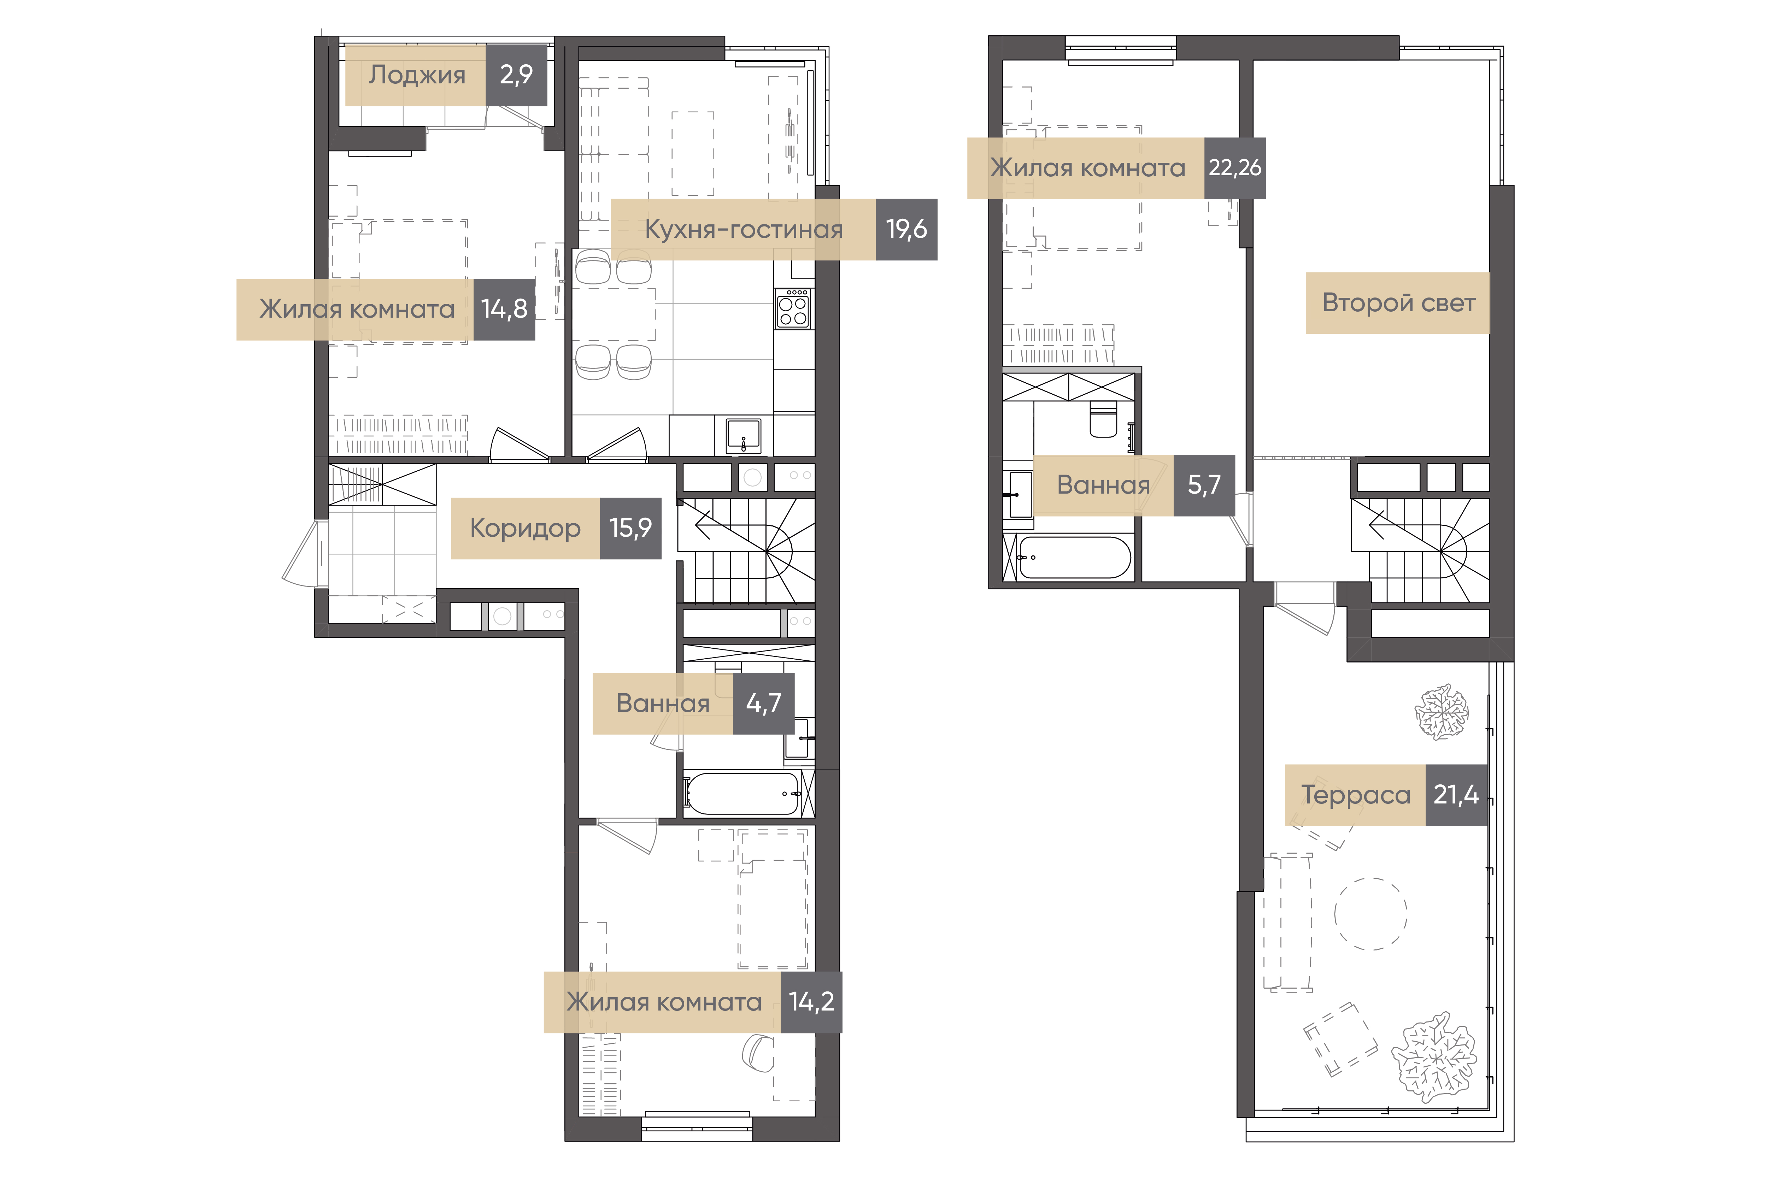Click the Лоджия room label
(417, 75)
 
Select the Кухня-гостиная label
(744, 229)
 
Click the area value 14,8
(504, 309)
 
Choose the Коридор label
(525, 528)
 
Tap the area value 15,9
(630, 528)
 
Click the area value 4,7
(763, 703)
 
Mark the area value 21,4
(1456, 795)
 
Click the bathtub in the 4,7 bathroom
(741, 793)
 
